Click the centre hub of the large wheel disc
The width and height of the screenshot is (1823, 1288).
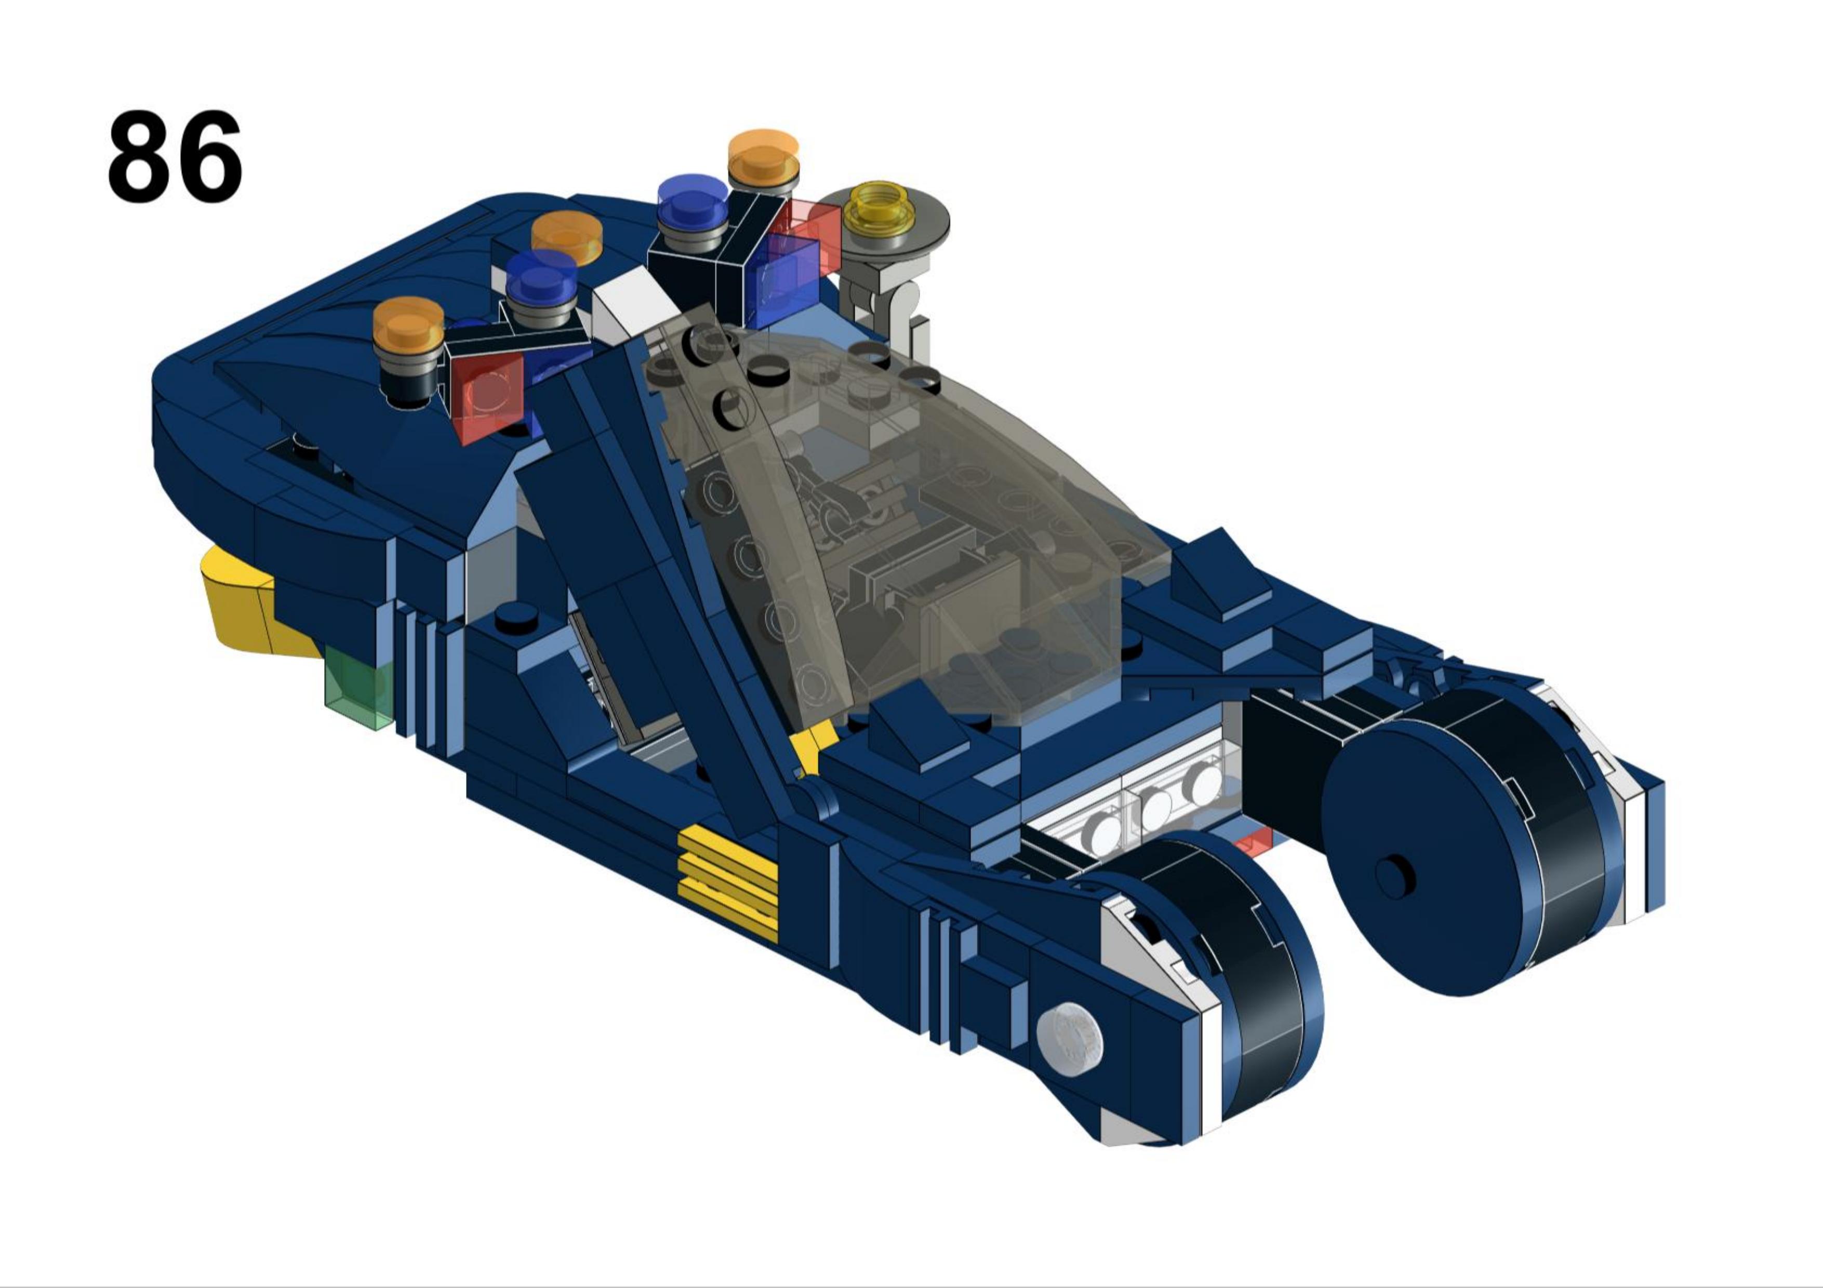tap(1395, 876)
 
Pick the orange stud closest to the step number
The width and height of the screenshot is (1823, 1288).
tap(408, 326)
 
